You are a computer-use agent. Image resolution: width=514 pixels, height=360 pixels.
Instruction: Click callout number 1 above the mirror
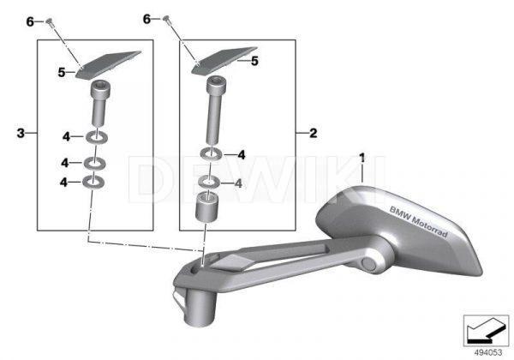point(362,158)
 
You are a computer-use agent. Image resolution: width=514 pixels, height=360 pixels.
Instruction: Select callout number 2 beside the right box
point(313,133)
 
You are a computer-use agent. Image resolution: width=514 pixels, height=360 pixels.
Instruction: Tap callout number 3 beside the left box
point(21,133)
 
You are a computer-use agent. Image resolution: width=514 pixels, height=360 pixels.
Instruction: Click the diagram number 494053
point(488,352)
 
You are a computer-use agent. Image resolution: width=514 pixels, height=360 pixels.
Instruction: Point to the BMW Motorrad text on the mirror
point(418,221)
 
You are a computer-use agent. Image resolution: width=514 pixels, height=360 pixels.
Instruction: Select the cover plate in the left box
point(108,64)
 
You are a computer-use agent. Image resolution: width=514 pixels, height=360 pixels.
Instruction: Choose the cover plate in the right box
point(224,61)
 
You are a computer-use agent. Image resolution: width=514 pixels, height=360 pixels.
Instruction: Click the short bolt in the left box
point(99,104)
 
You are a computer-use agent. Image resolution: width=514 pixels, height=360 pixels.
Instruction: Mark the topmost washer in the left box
point(97,137)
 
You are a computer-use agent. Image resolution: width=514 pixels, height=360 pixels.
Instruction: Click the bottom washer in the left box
point(93,182)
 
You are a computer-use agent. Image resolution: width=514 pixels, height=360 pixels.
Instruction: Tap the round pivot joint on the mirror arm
point(370,264)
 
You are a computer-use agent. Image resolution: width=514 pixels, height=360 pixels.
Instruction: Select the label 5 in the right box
point(254,61)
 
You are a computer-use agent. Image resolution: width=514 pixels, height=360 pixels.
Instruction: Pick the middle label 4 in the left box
point(64,163)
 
